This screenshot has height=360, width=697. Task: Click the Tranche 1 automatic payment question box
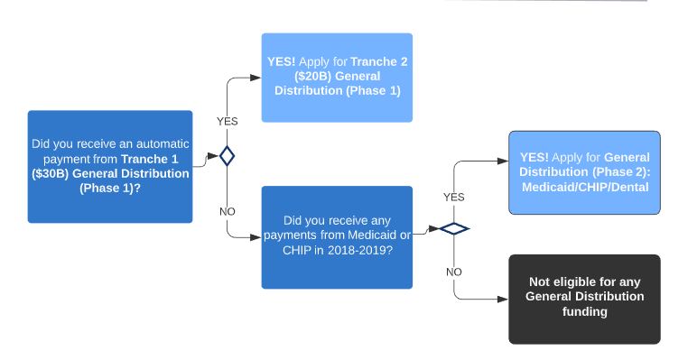(110, 167)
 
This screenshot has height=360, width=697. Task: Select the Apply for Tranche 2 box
(337, 78)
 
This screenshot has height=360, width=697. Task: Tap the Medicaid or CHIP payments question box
(337, 237)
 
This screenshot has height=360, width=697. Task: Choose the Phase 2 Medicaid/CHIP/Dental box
(584, 172)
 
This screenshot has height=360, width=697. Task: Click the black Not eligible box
(584, 300)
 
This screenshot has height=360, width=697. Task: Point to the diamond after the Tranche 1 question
(228, 156)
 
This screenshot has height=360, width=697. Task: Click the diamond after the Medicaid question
(454, 228)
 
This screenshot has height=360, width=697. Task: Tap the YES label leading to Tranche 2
(228, 121)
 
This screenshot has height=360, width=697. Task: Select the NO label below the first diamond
(228, 211)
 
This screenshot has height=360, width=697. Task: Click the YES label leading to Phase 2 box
(454, 197)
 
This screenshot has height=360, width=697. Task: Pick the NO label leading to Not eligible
(454, 272)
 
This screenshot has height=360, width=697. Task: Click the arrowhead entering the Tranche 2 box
(256, 78)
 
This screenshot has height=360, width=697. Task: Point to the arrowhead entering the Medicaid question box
(256, 237)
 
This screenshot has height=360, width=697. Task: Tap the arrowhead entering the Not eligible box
(503, 300)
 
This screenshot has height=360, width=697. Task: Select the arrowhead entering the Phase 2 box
(503, 161)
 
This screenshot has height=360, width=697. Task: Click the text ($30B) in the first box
(51, 173)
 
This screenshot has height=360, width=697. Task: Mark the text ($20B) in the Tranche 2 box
(313, 76)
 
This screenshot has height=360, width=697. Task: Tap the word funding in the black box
(584, 311)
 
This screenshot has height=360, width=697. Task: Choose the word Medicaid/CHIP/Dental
(585, 187)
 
